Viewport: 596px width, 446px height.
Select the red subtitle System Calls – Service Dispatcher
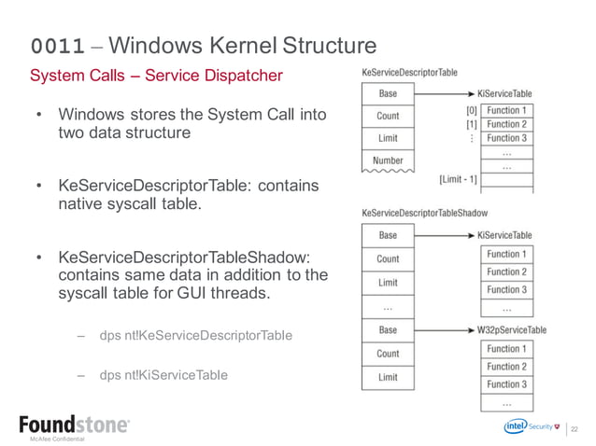pyautogui.click(x=156, y=75)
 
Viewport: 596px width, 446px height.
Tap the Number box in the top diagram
pyautogui.click(x=388, y=160)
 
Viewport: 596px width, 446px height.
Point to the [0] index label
pyautogui.click(x=470, y=110)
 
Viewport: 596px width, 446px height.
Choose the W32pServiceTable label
pyautogui.click(x=511, y=329)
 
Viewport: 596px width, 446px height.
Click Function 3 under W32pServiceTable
pyautogui.click(x=506, y=384)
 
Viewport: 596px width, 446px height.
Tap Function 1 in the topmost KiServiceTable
pyautogui.click(x=506, y=110)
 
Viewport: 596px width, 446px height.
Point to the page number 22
pyautogui.click(x=575, y=428)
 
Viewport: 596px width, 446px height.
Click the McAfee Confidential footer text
pyautogui.click(x=57, y=439)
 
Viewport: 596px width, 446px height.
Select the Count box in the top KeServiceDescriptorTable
pyautogui.click(x=388, y=116)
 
